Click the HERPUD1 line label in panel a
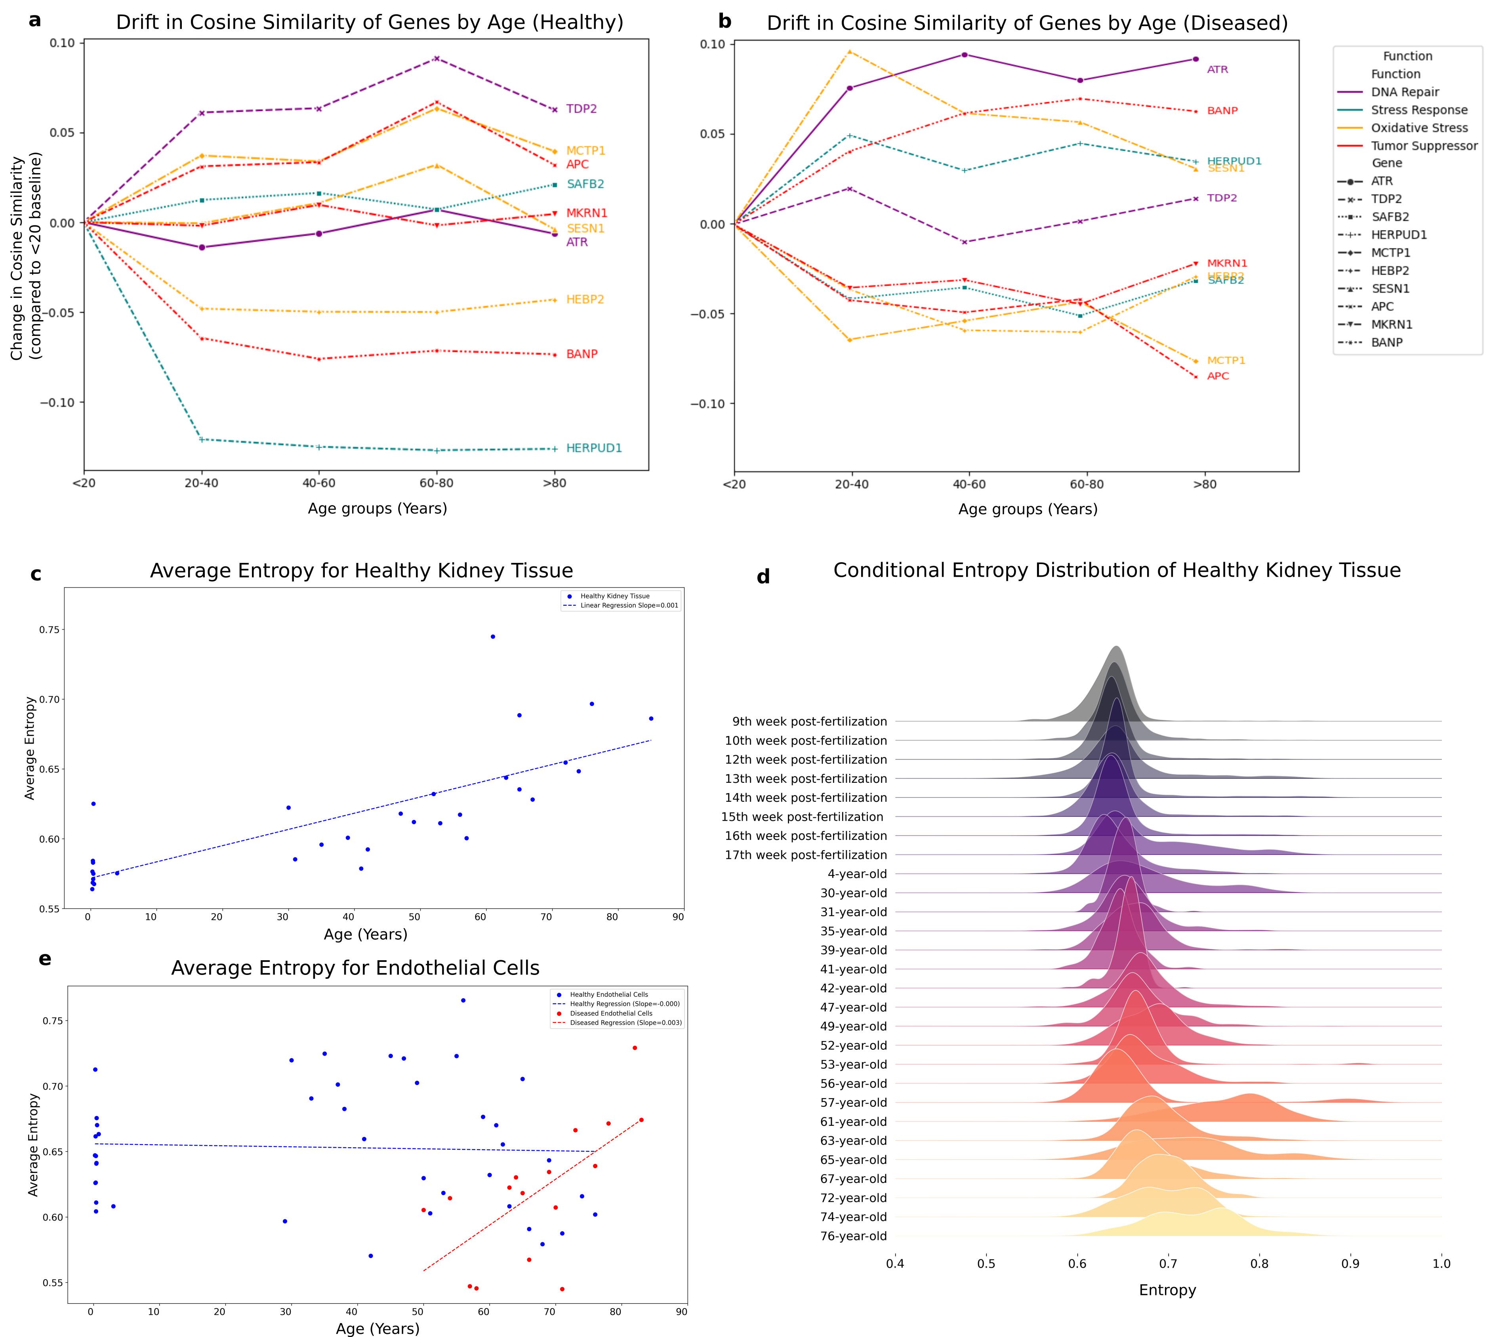(x=593, y=448)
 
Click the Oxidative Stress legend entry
(x=1419, y=128)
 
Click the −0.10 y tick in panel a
(x=57, y=402)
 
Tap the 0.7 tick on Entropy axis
(x=1168, y=1264)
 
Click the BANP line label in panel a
(x=582, y=354)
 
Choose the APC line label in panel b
(x=1218, y=376)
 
